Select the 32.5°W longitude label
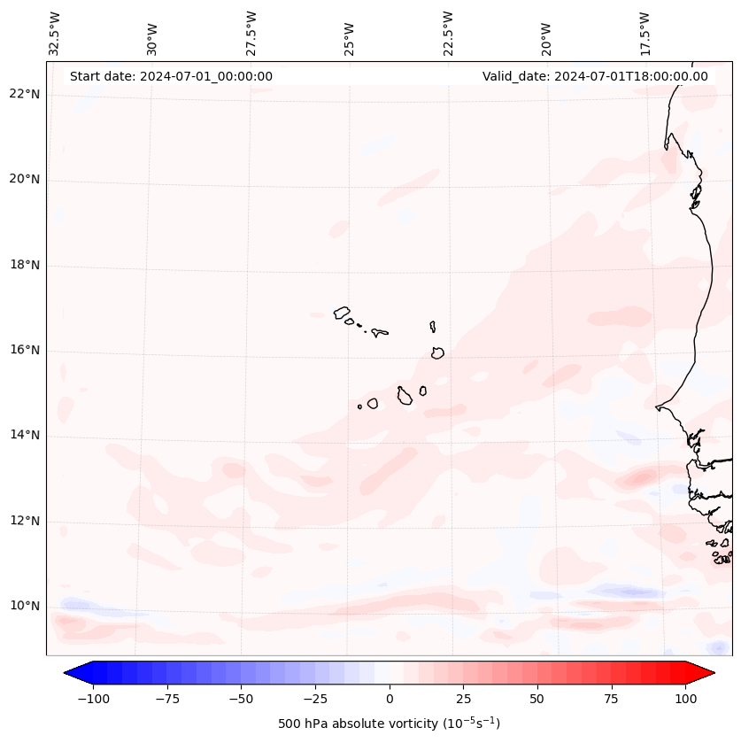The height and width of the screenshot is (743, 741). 55,33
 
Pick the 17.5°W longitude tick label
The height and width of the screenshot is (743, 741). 645,33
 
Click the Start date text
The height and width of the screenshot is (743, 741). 171,76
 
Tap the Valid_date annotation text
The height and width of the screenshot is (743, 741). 595,76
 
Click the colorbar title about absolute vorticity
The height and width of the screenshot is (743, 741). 389,724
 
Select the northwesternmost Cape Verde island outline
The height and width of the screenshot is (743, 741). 342,312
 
